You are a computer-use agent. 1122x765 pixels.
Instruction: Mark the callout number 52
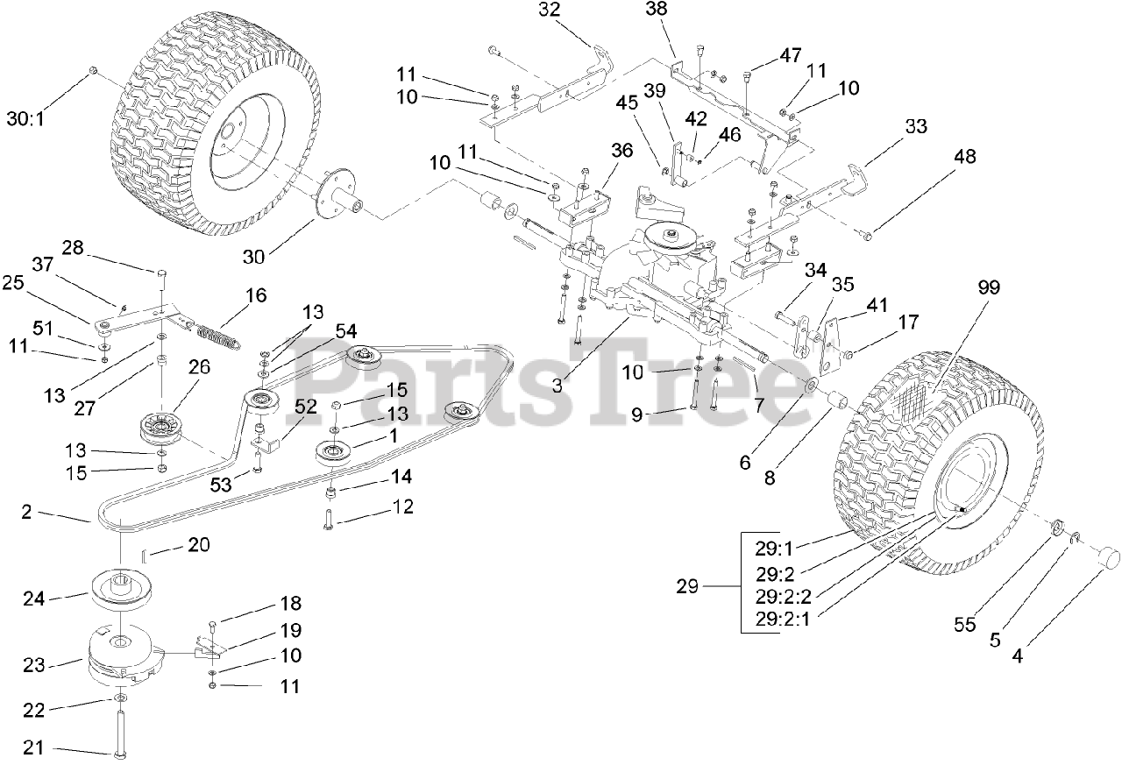305,407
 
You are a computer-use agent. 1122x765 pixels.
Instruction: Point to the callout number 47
791,55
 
